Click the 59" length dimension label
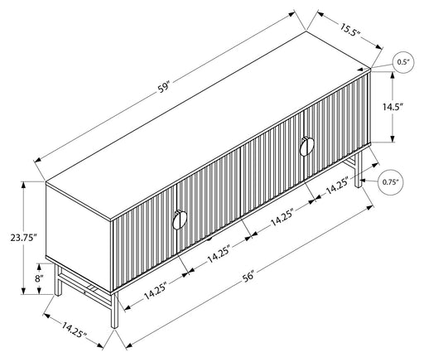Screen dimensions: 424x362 (x=164, y=87)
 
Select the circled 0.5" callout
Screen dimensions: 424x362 (x=402, y=62)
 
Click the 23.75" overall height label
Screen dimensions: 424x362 (x=23, y=237)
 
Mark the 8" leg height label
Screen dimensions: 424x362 (x=39, y=278)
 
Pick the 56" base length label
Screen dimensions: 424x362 (x=248, y=277)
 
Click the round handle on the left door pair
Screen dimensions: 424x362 (x=180, y=220)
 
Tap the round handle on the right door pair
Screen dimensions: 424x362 (x=306, y=147)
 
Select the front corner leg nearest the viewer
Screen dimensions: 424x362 (x=114, y=311)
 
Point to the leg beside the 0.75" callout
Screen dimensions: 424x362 (x=358, y=169)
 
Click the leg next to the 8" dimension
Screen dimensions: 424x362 (x=58, y=280)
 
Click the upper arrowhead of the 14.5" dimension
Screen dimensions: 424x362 (x=393, y=75)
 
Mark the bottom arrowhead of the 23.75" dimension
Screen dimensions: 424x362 (x=24, y=291)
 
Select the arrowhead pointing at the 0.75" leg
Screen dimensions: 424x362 (x=364, y=181)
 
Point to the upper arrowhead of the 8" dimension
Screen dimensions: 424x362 (x=39, y=267)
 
